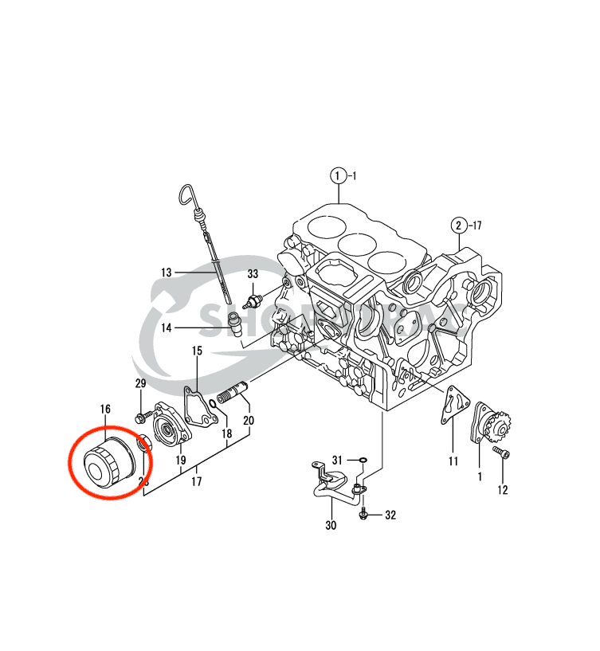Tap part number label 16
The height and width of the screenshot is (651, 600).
click(105, 410)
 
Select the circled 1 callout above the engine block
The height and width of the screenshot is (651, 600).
click(339, 175)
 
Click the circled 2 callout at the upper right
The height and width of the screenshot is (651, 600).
click(459, 225)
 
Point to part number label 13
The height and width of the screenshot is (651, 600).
click(166, 273)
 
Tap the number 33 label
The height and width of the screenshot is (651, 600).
click(253, 274)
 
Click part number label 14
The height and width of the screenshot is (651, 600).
click(167, 327)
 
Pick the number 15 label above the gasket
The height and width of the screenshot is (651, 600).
click(197, 351)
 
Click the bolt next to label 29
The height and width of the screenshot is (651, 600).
click(142, 415)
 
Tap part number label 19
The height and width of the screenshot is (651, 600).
click(181, 461)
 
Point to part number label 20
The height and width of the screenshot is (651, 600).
click(249, 420)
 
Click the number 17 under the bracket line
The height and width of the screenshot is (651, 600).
click(196, 481)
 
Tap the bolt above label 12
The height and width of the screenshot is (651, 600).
click(500, 453)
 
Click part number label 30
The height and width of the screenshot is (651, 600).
click(330, 526)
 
